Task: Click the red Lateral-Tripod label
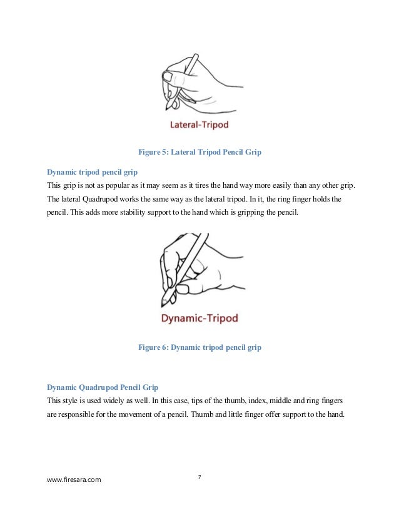199,125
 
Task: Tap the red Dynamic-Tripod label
199,318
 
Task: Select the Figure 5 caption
199,151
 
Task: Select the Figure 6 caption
199,347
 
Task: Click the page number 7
199,477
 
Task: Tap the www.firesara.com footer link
74,480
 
